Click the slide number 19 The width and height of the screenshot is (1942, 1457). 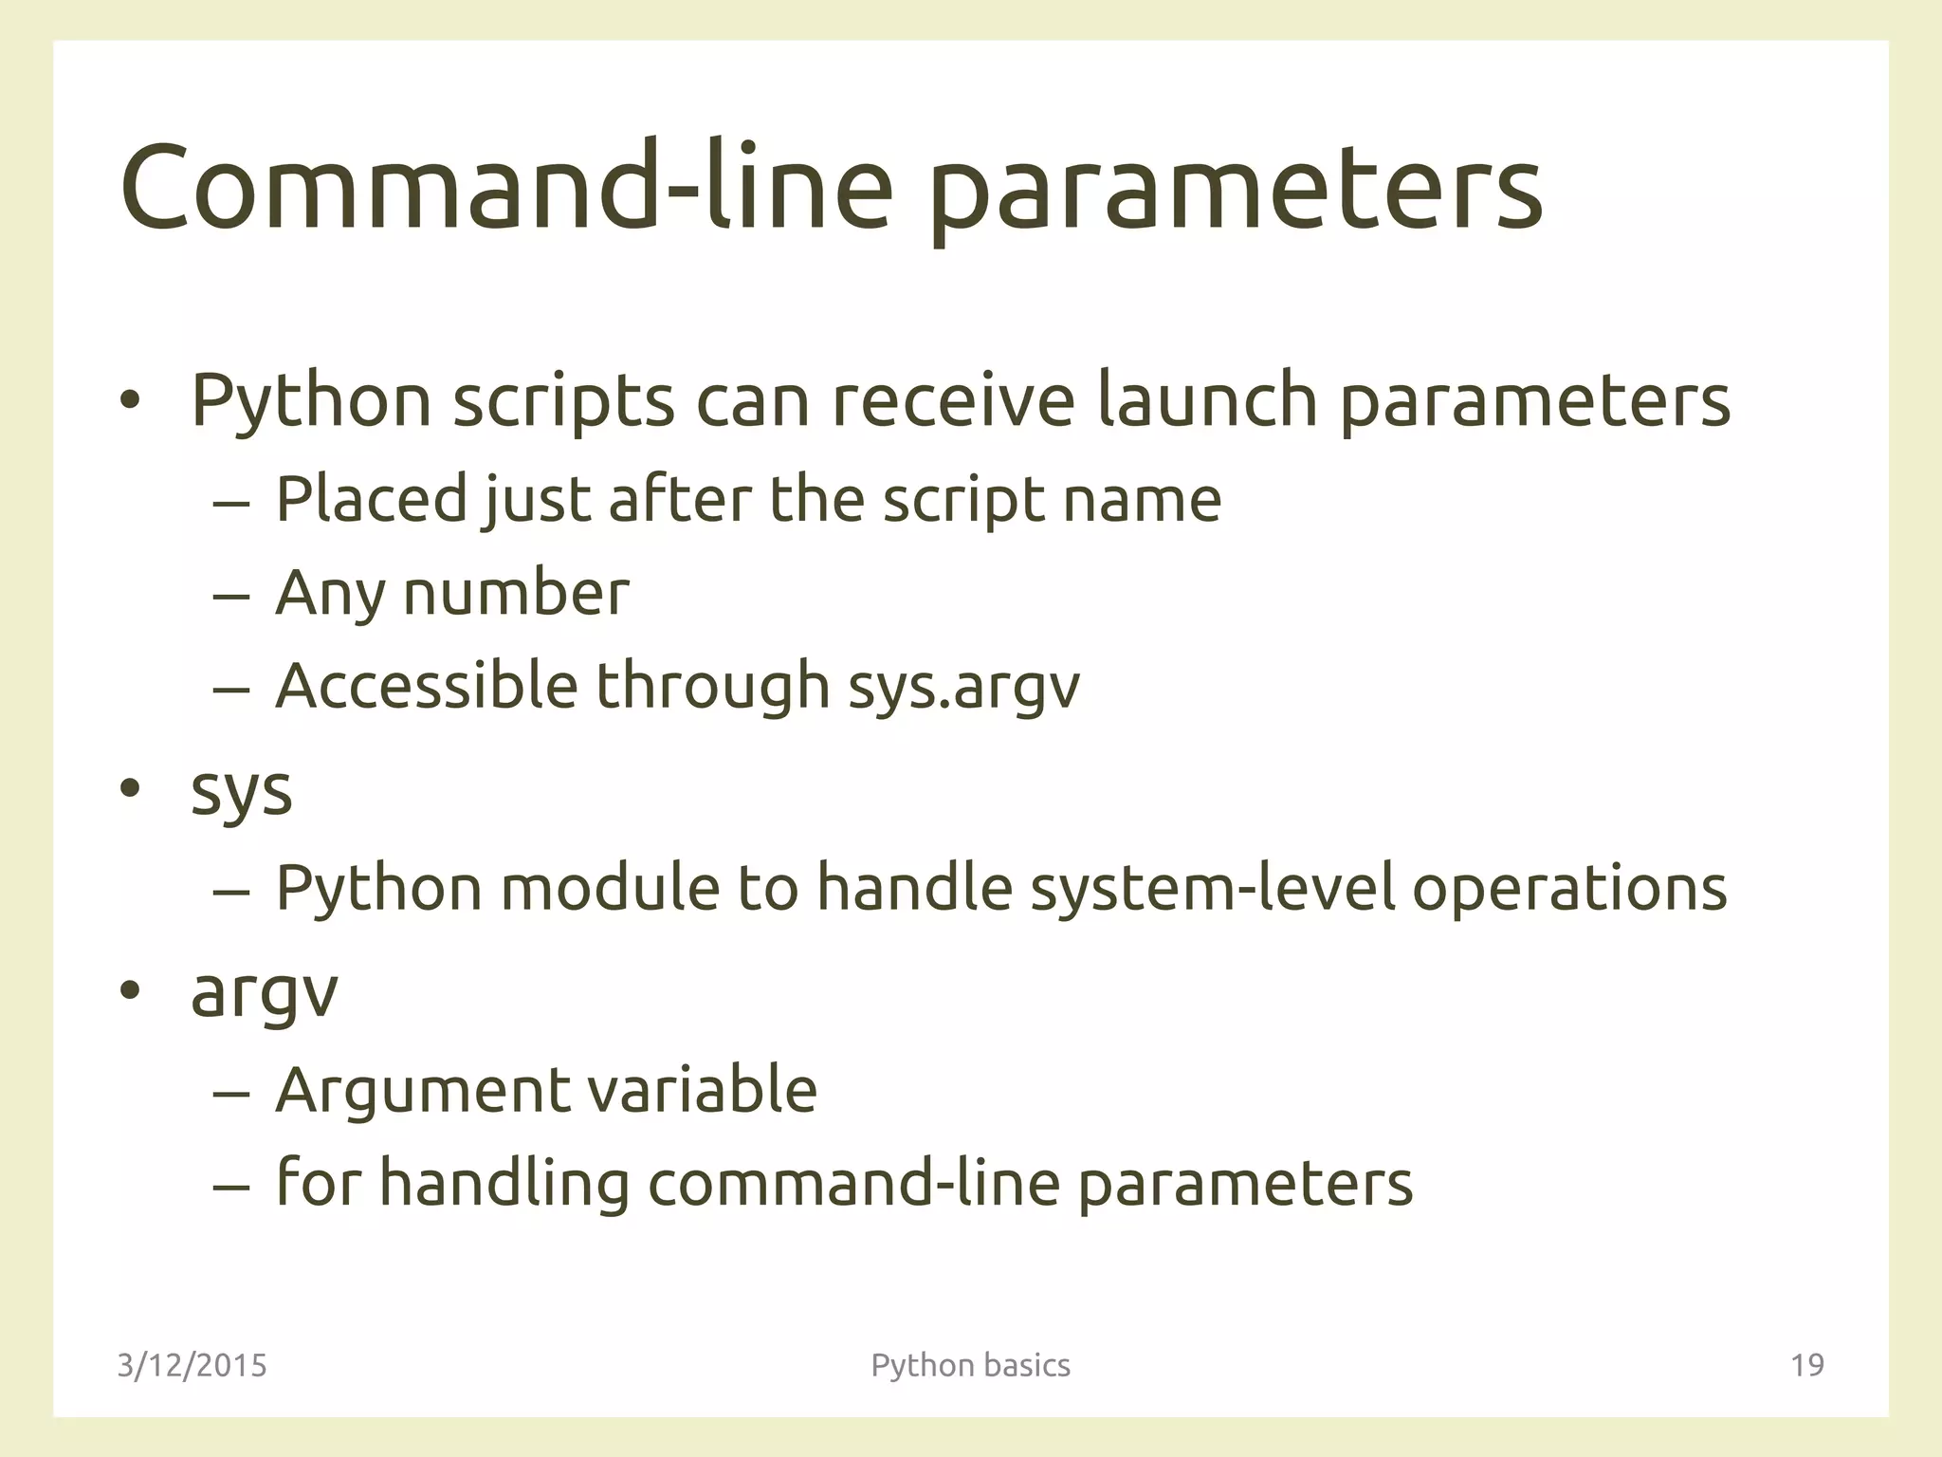tap(1807, 1365)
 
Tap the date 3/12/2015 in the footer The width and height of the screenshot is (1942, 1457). tap(192, 1365)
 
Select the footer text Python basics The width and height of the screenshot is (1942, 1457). tap(970, 1365)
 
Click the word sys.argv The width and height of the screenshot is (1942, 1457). tap(963, 685)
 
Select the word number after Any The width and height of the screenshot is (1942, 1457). tap(516, 593)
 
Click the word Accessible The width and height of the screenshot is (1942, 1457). tap(426, 685)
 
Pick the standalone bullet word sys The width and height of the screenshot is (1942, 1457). tap(241, 791)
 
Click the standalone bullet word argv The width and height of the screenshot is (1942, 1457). tap(264, 993)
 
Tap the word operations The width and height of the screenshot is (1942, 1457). tap(1569, 888)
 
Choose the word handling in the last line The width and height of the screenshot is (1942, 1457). tap(504, 1184)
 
